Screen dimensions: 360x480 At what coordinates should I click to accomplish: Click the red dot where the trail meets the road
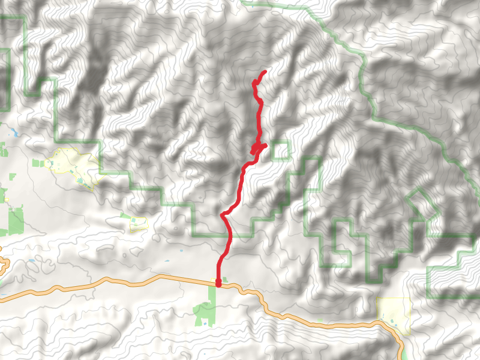tap(218, 283)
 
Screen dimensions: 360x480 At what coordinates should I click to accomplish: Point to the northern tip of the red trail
tap(264, 72)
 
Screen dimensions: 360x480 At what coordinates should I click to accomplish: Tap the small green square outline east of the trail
tap(280, 150)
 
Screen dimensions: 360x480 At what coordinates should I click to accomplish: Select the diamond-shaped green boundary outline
tap(422, 204)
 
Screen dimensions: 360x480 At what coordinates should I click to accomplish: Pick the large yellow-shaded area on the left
tap(71, 165)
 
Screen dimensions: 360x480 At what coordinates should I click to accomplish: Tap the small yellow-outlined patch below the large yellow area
tap(139, 223)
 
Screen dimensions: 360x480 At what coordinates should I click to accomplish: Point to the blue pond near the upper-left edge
tap(13, 131)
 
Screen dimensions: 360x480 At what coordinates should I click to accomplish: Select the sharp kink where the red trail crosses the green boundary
tap(223, 214)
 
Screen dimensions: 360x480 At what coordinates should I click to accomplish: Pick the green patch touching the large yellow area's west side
tap(38, 163)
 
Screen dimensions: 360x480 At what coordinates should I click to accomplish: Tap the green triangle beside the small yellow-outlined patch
tap(125, 217)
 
